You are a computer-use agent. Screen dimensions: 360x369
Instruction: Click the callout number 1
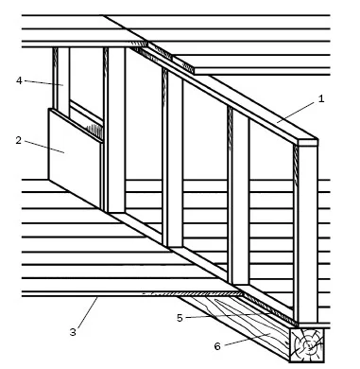click(x=321, y=98)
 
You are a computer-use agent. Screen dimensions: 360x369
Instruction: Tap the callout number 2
click(x=19, y=140)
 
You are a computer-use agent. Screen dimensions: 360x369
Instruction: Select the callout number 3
click(x=73, y=332)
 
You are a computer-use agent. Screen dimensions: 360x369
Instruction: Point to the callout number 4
click(x=19, y=80)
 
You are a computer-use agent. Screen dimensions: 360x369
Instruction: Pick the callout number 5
click(x=180, y=318)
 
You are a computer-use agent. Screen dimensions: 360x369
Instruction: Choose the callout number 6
click(x=217, y=346)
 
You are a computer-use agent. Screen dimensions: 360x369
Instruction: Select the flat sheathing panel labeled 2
click(x=76, y=158)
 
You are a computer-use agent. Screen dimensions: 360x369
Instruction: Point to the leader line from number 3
click(x=88, y=312)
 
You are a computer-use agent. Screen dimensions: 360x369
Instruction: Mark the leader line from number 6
click(x=248, y=340)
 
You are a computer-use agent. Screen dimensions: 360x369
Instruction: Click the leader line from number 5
click(x=228, y=315)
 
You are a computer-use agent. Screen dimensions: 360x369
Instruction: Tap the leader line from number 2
click(x=44, y=147)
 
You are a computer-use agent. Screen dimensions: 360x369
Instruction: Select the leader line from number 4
click(x=43, y=83)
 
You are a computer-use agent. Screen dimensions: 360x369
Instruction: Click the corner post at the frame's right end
click(x=307, y=234)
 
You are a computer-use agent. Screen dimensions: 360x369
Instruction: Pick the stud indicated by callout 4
click(x=63, y=81)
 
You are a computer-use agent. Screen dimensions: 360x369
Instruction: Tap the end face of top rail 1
click(x=308, y=143)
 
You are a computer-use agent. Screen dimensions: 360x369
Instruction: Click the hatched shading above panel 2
click(x=94, y=131)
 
